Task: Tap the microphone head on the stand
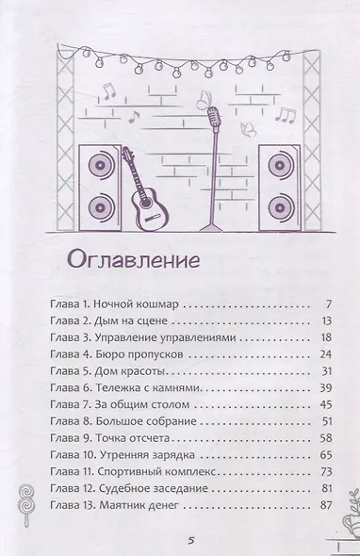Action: pos(215,117)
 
